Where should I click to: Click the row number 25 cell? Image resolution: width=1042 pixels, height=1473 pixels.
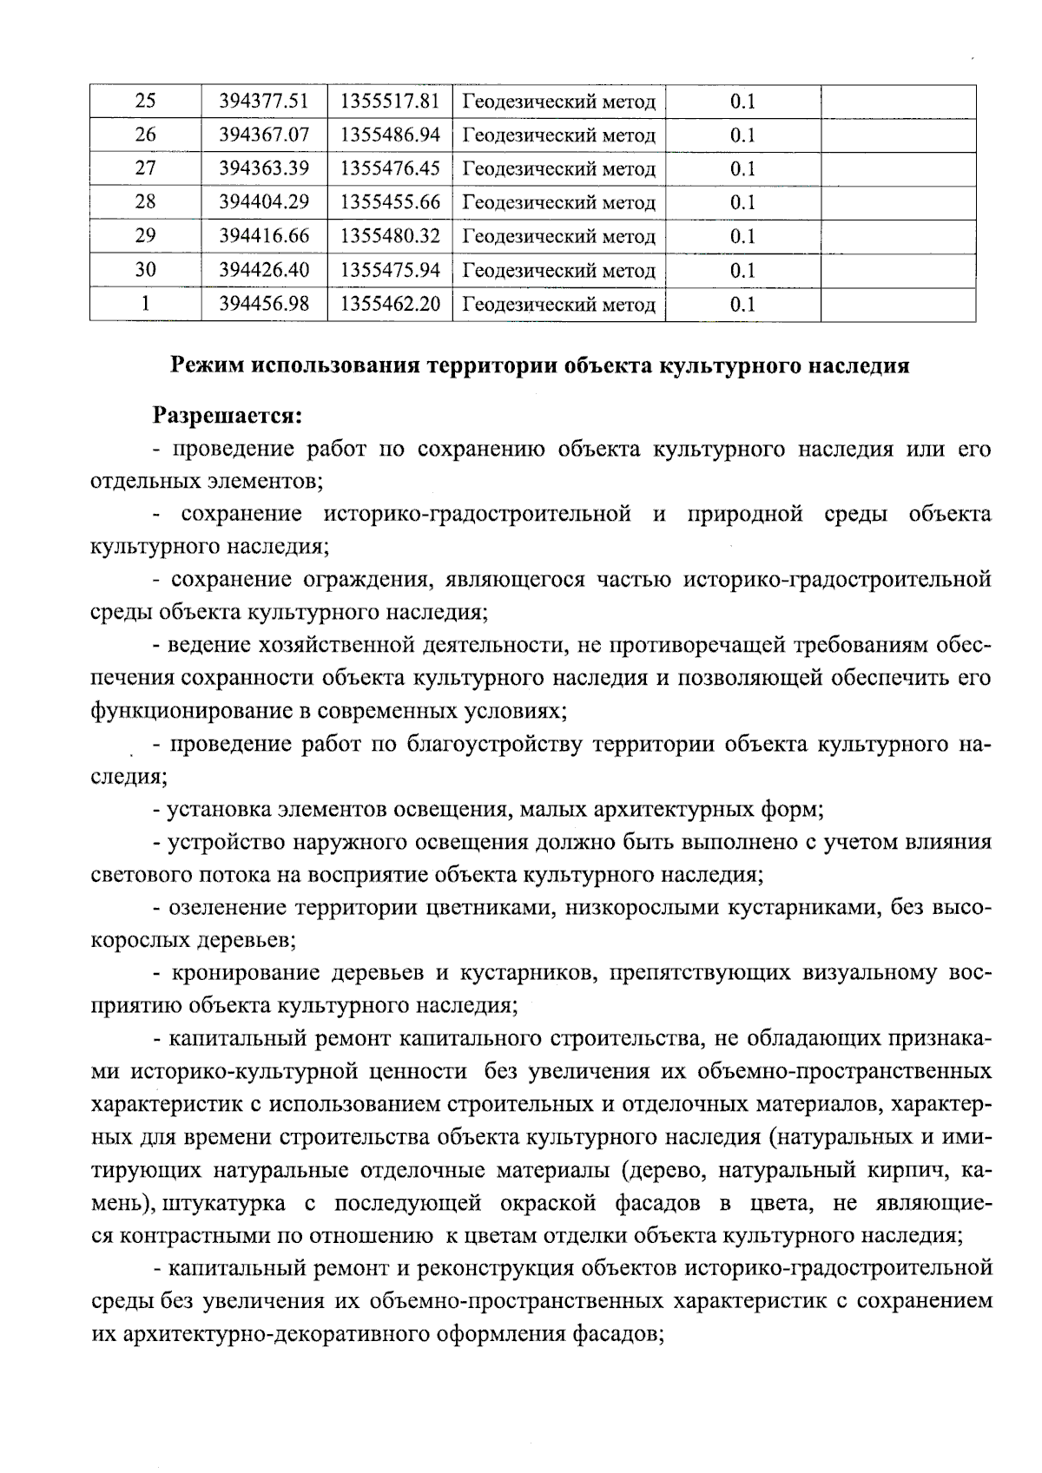(x=145, y=102)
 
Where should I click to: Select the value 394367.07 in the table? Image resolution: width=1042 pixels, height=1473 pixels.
(x=264, y=135)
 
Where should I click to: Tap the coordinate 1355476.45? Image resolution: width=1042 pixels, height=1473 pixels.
(x=390, y=168)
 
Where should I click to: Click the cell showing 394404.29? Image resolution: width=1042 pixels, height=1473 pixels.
(x=264, y=202)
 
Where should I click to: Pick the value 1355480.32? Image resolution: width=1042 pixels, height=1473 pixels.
(x=390, y=236)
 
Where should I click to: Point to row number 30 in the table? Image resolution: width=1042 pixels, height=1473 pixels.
(x=145, y=270)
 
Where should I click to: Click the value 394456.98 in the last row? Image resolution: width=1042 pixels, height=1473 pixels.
(x=264, y=304)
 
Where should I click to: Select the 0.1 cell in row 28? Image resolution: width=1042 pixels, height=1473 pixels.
(x=742, y=202)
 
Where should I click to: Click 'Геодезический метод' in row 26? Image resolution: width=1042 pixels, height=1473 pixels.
(x=558, y=135)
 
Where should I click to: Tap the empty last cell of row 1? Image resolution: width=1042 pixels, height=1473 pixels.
(x=898, y=304)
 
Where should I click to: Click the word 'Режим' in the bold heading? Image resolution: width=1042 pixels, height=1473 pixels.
(x=206, y=365)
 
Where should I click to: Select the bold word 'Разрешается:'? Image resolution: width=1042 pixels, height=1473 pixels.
(x=228, y=416)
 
